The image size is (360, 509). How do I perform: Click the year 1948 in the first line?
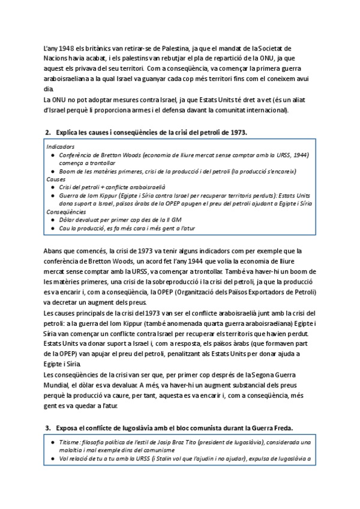point(67,47)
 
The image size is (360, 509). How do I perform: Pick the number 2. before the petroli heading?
point(48,131)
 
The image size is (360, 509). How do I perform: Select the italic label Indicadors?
point(61,146)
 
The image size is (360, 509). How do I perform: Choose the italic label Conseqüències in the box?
point(65,211)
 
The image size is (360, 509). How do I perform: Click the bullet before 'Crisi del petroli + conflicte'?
point(53,187)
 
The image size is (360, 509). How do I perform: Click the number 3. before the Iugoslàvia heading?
point(48,427)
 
